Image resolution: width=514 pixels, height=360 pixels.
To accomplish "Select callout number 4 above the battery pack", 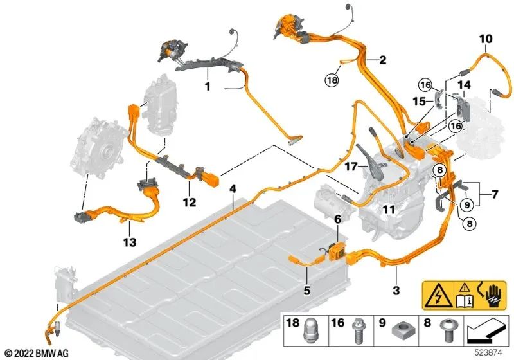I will point(233,189).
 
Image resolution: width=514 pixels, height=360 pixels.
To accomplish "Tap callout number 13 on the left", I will point(129,242).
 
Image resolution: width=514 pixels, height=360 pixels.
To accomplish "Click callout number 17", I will point(349,165).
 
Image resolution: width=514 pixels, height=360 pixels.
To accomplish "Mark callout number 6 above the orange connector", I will point(337,219).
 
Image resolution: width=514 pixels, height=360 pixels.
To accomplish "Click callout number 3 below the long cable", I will point(396,291).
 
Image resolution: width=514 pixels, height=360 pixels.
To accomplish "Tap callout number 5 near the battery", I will point(306,291).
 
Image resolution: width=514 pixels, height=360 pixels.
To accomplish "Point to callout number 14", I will point(464,85).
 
